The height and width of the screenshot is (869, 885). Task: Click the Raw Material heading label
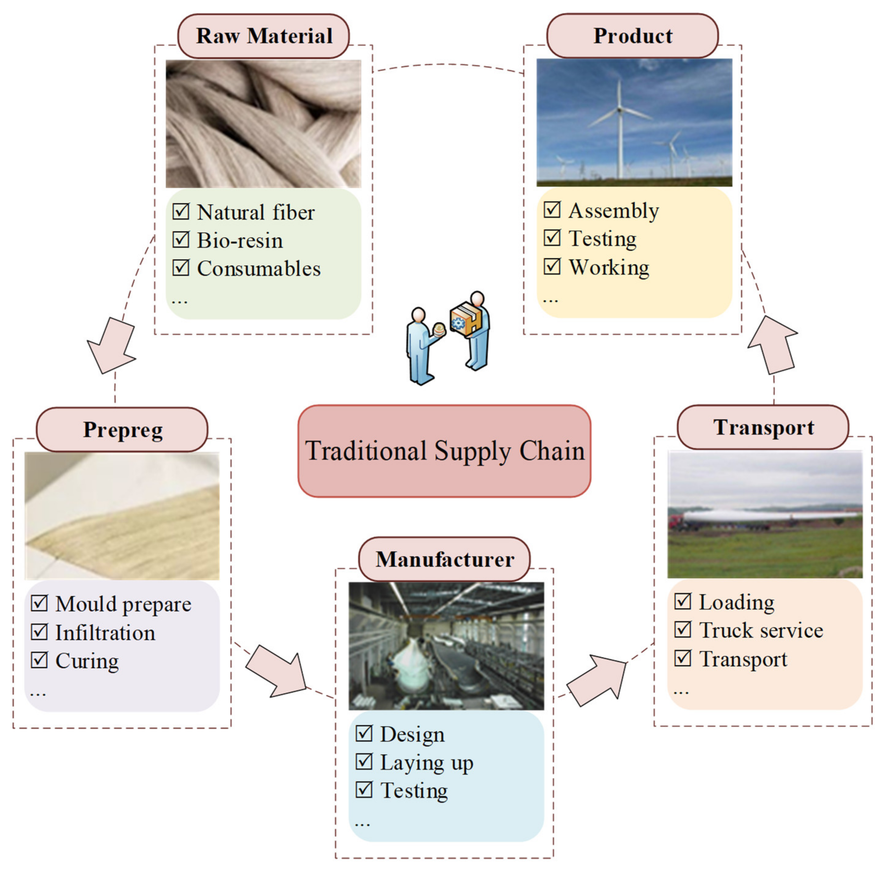coord(263,36)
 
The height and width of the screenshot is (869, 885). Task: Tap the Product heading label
coord(633,36)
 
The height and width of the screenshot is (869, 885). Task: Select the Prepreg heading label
coord(122,430)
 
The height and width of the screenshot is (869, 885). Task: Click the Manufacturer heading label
coord(444,559)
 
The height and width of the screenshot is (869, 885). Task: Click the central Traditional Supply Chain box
coord(444,451)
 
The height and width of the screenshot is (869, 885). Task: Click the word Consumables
coord(259,268)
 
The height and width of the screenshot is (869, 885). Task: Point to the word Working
coord(609,267)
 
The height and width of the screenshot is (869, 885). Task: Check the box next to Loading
coord(683,602)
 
